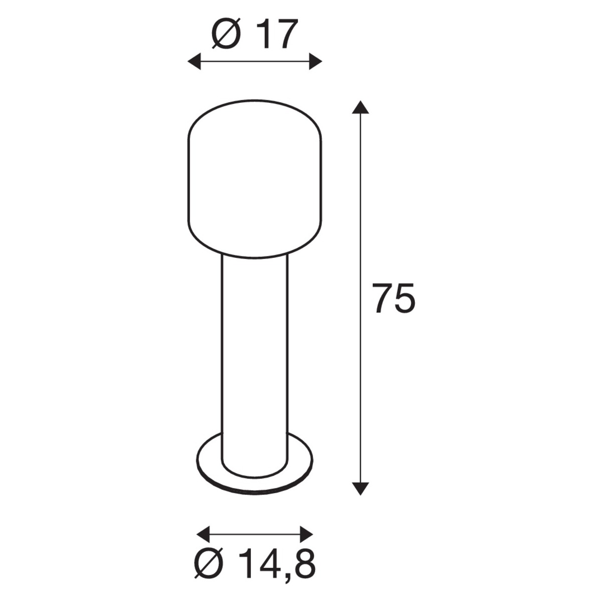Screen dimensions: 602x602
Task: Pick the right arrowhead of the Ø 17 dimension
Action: [316, 62]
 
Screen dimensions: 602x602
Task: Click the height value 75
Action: [394, 298]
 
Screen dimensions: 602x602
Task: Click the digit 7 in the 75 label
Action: [382, 298]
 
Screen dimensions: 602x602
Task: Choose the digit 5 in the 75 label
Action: [405, 298]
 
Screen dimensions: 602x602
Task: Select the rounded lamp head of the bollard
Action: [254, 178]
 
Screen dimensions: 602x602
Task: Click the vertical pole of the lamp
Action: [255, 351]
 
